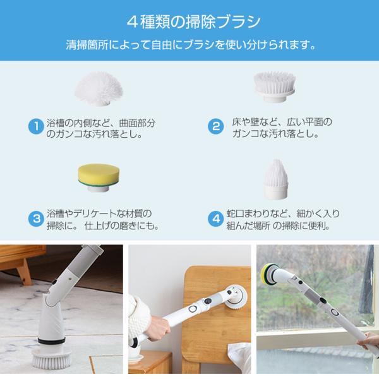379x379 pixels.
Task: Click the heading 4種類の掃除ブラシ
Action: point(194,22)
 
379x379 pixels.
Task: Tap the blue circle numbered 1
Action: point(36,126)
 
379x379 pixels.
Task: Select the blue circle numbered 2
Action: point(215,126)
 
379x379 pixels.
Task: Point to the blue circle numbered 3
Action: point(36,219)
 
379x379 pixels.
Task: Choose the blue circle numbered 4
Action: point(215,219)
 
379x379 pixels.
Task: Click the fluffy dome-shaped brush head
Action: point(99,88)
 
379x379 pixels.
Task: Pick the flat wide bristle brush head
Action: point(274,86)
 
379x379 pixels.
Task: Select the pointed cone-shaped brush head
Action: point(276,179)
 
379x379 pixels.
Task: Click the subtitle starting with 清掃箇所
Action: point(191,45)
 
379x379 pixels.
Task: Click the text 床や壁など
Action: point(253,122)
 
